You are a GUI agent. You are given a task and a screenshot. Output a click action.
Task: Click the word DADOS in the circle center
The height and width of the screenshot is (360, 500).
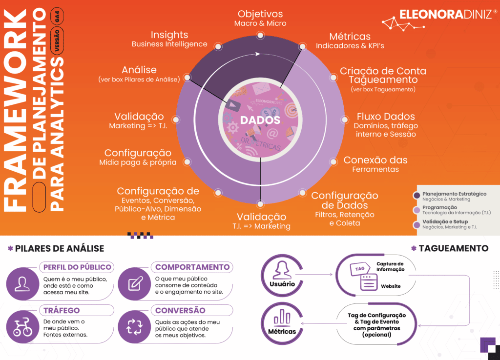point(260,120)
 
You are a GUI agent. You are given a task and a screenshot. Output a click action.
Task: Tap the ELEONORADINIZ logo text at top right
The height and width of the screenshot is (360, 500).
point(445,14)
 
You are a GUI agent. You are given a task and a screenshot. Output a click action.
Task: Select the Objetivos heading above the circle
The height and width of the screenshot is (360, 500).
point(260,14)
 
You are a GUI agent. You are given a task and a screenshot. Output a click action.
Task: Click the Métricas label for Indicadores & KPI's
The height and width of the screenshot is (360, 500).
point(350,37)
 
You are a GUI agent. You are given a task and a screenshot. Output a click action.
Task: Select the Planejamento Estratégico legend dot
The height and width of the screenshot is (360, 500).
point(417,196)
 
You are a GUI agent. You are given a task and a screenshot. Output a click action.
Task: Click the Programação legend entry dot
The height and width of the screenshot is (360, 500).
point(417,210)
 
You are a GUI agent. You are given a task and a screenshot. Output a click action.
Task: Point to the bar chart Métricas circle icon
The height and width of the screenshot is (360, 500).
point(282,320)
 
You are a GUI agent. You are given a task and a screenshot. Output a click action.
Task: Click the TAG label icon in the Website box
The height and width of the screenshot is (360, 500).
point(360,269)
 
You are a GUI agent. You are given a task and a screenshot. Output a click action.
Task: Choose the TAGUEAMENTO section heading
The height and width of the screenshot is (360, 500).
point(453,248)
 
